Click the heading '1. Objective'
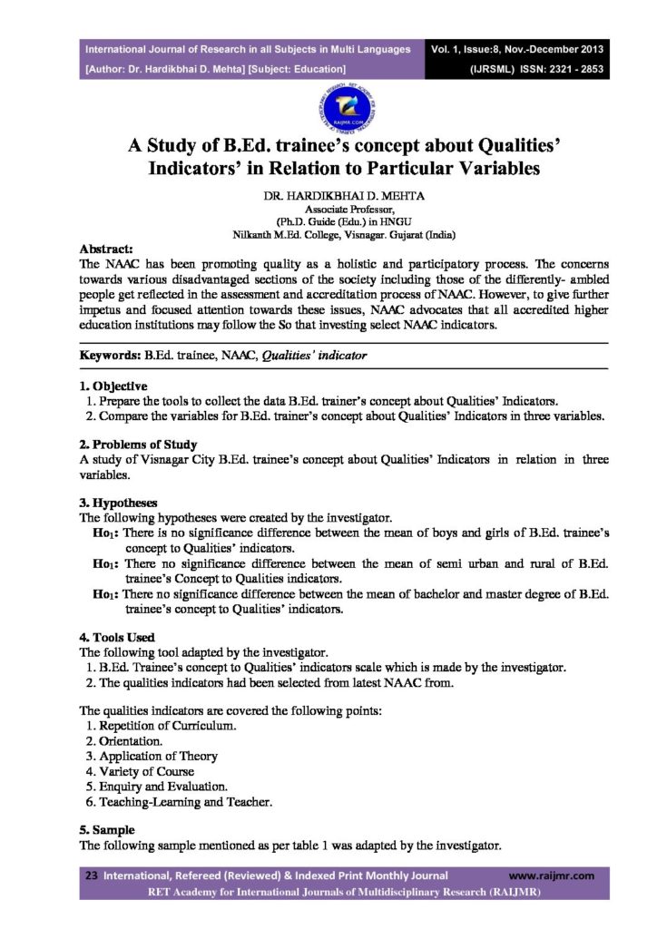tap(113, 386)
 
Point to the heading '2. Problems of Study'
tap(132, 445)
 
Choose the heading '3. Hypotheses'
tap(119, 503)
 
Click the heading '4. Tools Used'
tap(117, 637)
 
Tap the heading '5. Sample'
tap(107, 829)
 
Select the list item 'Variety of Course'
tap(148, 770)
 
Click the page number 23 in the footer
tap(91, 875)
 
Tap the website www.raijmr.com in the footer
tap(551, 875)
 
